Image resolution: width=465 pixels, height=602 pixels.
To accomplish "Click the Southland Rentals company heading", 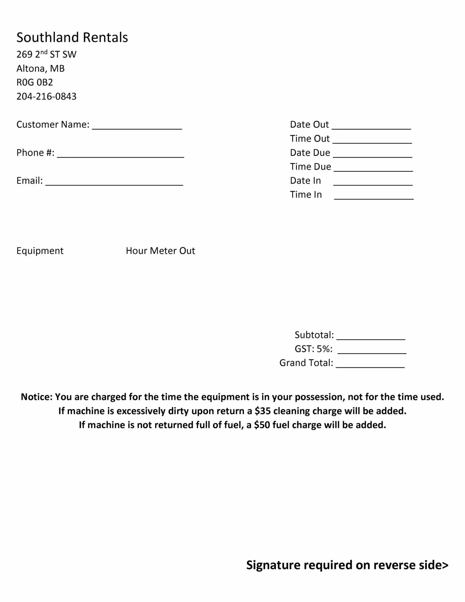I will click(72, 37).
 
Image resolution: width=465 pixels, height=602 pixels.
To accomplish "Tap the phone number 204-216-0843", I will click(46, 96).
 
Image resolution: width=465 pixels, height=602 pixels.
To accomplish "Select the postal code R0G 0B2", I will click(35, 82).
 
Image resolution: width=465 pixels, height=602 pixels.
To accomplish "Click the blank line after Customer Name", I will click(137, 127).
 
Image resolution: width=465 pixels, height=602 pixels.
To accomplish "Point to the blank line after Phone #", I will click(121, 155).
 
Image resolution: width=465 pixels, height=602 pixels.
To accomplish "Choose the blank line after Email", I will click(114, 183).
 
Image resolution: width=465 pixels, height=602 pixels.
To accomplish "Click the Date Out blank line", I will click(371, 127).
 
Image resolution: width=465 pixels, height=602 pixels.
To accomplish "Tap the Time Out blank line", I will click(372, 141).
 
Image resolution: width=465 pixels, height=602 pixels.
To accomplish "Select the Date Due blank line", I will click(372, 155).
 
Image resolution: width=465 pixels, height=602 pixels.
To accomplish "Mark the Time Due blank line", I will click(373, 169).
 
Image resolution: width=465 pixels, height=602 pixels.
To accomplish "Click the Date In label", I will click(305, 181).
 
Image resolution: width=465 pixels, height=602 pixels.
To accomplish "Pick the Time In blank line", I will click(374, 198).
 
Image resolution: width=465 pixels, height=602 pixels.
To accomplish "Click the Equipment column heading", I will click(40, 251).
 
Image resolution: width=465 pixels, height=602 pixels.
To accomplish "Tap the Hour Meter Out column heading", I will click(160, 251).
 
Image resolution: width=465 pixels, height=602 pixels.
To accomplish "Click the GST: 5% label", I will click(313, 349).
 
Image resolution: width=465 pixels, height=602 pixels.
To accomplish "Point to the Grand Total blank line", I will click(370, 366).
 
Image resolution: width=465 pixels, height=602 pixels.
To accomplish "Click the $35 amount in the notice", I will click(262, 411).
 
